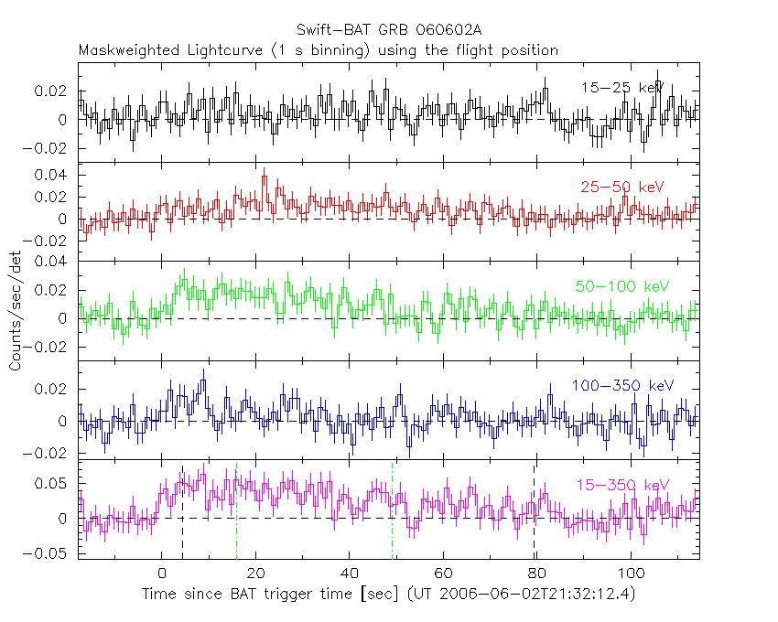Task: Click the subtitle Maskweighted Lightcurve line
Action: [318, 50]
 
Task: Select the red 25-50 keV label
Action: [621, 187]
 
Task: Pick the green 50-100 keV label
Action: [622, 286]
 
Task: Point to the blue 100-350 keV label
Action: [621, 385]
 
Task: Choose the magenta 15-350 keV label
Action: [622, 485]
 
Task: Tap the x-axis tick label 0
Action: [162, 574]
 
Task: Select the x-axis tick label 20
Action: [255, 574]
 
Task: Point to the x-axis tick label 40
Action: [349, 574]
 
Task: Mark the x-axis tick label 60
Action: [443, 574]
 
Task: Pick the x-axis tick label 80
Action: [536, 574]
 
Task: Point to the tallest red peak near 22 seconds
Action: [264, 174]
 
